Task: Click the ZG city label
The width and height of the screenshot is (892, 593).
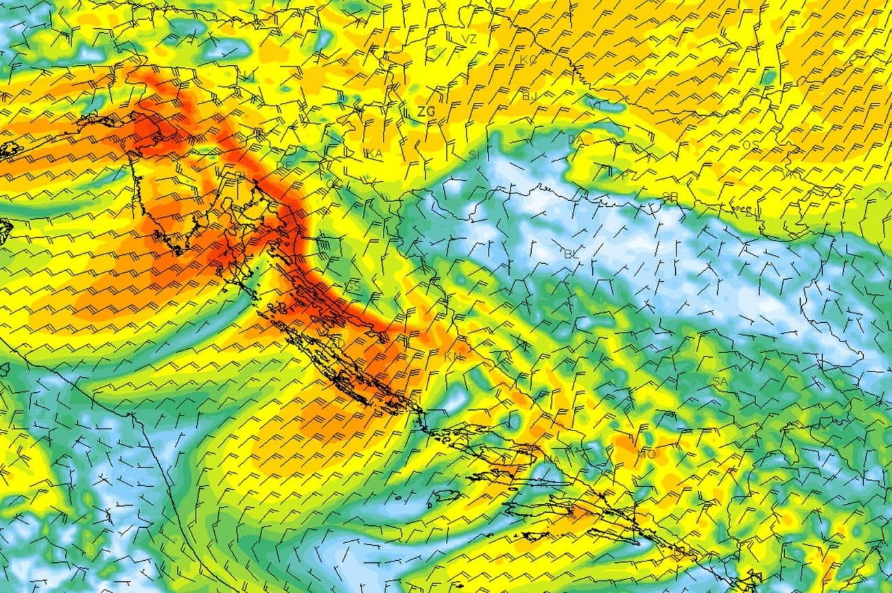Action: [426, 111]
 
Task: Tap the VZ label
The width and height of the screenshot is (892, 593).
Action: [469, 39]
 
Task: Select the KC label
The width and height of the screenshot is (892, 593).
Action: [528, 60]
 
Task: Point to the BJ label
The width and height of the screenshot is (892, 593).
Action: [530, 96]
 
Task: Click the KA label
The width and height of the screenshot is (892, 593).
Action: [375, 154]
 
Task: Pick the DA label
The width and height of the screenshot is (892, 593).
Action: [576, 140]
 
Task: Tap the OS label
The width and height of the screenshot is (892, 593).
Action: [751, 145]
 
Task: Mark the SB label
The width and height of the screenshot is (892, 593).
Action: [670, 197]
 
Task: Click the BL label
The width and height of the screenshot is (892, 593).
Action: [571, 254]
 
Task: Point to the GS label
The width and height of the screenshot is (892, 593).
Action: [353, 287]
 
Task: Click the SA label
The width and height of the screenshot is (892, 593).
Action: [720, 381]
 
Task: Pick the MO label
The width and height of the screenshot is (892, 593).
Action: [646, 454]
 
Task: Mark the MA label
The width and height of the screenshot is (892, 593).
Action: [553, 458]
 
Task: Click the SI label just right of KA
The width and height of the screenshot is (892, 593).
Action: [473, 155]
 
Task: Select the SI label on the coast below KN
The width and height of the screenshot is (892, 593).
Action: [414, 398]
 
